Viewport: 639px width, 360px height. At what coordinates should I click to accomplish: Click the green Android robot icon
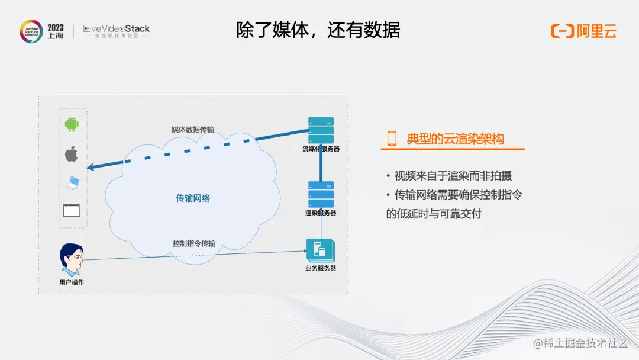pyautogui.click(x=72, y=124)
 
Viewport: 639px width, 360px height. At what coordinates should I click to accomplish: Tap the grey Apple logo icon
pyautogui.click(x=72, y=154)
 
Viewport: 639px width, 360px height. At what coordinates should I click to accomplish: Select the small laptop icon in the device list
pyautogui.click(x=72, y=183)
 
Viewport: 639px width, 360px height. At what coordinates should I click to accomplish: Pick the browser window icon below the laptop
pyautogui.click(x=72, y=210)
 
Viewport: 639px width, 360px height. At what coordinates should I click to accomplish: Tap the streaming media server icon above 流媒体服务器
pyautogui.click(x=321, y=130)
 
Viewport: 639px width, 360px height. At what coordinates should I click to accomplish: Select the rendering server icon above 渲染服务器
pyautogui.click(x=321, y=194)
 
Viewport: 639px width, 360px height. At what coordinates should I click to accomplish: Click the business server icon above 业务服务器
pyautogui.click(x=319, y=250)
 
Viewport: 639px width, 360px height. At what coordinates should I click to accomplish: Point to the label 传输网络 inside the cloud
pyautogui.click(x=193, y=198)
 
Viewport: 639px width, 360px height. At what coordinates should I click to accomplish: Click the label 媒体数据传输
pyautogui.click(x=193, y=130)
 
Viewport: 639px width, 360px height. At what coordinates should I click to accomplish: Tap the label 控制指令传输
pyautogui.click(x=194, y=243)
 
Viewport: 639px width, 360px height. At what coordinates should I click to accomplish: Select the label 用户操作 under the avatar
pyautogui.click(x=72, y=282)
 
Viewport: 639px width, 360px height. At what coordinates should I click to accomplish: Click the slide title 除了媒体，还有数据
pyautogui.click(x=318, y=30)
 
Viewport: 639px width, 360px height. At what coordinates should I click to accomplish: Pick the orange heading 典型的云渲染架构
pyautogui.click(x=456, y=139)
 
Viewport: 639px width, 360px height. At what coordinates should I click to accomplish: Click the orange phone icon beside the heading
pyautogui.click(x=392, y=139)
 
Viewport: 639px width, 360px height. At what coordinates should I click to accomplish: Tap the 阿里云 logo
pyautogui.click(x=584, y=31)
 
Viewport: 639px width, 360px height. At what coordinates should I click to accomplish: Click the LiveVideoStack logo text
pyautogui.click(x=117, y=28)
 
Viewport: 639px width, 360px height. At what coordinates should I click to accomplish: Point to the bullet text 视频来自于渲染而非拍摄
pyautogui.click(x=453, y=176)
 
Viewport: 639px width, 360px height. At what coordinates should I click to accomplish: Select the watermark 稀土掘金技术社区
pyautogui.click(x=580, y=343)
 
